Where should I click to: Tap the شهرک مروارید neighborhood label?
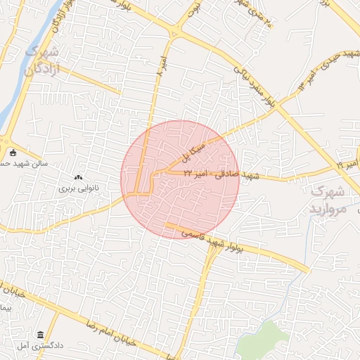pyautogui.click(x=328, y=200)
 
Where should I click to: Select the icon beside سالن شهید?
pyautogui.click(x=12, y=153)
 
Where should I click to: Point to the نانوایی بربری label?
pyautogui.click(x=76, y=188)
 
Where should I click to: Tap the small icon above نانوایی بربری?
pyautogui.click(x=77, y=178)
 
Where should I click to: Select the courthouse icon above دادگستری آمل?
pyautogui.click(x=39, y=335)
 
